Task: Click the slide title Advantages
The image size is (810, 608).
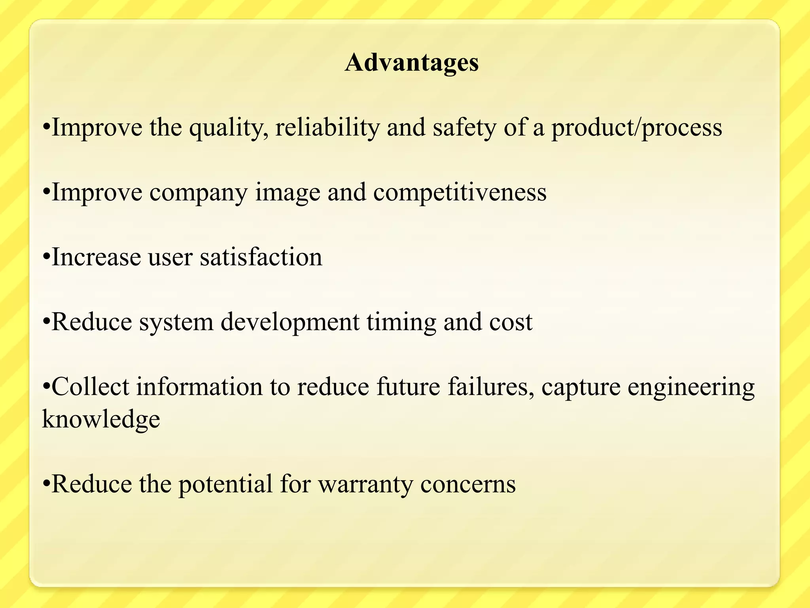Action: pos(412,63)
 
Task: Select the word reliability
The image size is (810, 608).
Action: pos(327,128)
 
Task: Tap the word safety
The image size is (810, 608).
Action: pos(464,128)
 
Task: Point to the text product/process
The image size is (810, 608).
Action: pos(637,128)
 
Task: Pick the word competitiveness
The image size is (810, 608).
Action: pos(460,193)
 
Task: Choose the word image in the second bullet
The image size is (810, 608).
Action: pos(288,193)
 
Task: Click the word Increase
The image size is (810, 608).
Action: pos(96,257)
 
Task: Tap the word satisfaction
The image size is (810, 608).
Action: pos(261,257)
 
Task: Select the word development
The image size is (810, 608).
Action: pos(290,322)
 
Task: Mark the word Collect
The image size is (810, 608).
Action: pos(91,387)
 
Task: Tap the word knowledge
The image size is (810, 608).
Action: pos(101,420)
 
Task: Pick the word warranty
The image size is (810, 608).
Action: pos(365,484)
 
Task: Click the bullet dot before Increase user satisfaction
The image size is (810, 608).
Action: pos(46,257)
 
